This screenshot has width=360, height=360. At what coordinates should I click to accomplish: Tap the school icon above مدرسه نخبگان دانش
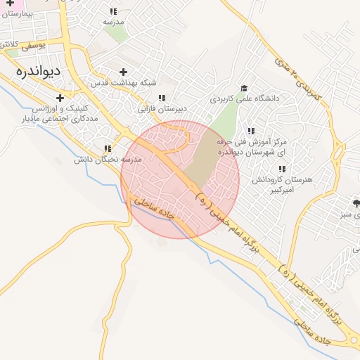tap(108, 148)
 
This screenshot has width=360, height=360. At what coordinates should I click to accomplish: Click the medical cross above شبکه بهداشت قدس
tap(124, 72)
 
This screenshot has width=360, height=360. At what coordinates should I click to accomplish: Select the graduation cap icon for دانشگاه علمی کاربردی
tap(244, 88)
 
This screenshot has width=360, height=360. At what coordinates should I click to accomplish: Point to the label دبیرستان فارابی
tap(162, 110)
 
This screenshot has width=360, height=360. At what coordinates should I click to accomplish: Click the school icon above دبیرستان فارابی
tap(162, 98)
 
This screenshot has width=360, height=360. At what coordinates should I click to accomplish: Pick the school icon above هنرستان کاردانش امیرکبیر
tap(282, 169)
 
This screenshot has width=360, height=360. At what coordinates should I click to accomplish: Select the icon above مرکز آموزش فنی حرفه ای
tap(250, 131)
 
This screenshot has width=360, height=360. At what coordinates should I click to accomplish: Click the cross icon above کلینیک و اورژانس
tap(60, 98)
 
